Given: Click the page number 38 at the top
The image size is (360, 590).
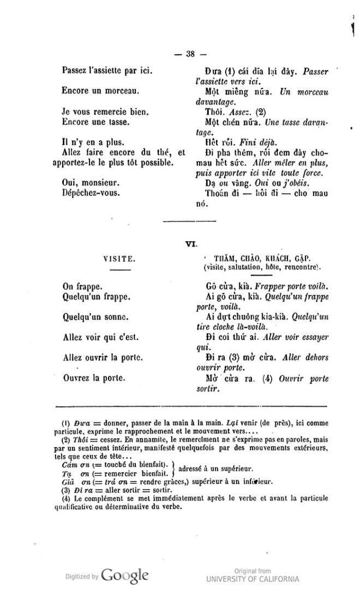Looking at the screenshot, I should [x=190, y=53].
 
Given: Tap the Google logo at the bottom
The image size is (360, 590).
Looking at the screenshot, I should [x=125, y=575].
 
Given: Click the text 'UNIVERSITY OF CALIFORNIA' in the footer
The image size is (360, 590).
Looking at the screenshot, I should [x=253, y=579].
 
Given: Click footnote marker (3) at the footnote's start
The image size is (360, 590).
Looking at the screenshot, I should [x=66, y=489].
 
